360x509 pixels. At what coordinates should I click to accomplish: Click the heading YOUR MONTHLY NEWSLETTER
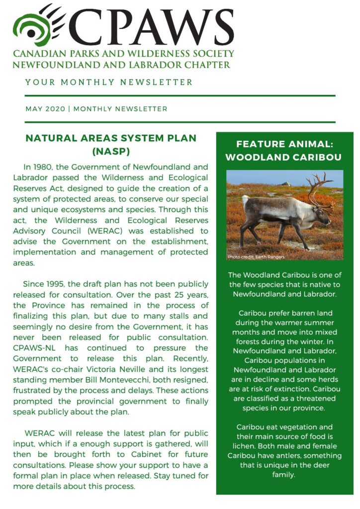(109, 82)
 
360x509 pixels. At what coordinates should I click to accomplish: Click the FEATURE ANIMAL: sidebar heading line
(284, 144)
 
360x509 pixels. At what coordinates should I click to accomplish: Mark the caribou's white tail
(245, 201)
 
